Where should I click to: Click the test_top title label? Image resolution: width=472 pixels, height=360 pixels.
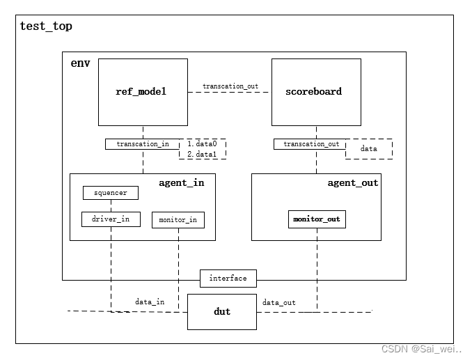pos(46,26)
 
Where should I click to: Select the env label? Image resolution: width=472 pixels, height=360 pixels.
pos(81,63)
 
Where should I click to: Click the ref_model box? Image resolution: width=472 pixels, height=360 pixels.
pos(142,91)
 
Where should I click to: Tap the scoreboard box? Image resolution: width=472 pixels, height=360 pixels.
pos(315,91)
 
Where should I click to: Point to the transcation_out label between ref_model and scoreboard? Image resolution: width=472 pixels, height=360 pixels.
pos(230,86)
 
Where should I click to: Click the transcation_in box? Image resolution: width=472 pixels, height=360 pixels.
pos(143,144)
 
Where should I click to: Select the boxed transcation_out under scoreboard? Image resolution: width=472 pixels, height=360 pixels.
pos(311,144)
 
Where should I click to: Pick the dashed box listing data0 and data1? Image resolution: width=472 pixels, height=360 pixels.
pos(203,148)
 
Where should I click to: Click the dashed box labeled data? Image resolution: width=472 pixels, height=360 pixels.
pos(369,149)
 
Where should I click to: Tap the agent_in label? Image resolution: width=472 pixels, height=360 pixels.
pos(181,182)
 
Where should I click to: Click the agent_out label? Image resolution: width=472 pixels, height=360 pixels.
pos(353,182)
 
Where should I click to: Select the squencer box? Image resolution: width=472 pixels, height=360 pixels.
pos(110,192)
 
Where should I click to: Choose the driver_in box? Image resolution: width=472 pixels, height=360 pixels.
pos(110,219)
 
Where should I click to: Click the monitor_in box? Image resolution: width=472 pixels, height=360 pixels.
pos(178,220)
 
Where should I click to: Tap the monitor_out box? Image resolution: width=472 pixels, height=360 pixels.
pos(317,219)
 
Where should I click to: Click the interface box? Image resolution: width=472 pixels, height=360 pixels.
pos(228,279)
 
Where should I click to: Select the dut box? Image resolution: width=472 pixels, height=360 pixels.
pos(222,311)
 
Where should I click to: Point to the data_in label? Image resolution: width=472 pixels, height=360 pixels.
pos(150,302)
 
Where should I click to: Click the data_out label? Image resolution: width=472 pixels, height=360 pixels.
pos(278,302)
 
